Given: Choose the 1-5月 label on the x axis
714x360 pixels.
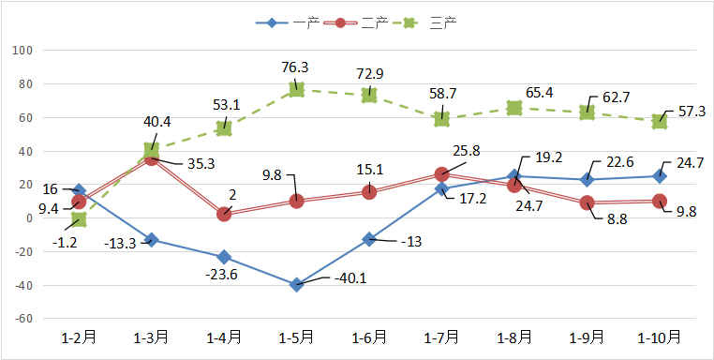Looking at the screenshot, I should click(296, 336).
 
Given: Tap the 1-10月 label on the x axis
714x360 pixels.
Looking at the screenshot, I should click(659, 336).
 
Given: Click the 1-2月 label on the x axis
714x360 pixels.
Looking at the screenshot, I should click(79, 336).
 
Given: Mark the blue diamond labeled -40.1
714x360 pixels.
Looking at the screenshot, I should click(296, 285).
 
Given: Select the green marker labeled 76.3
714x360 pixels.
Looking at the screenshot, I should click(296, 89).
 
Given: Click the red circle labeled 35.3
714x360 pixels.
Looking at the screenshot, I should click(151, 158).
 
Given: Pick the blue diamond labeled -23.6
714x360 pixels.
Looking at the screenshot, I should click(224, 257).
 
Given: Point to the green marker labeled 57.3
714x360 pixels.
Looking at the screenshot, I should click(659, 121).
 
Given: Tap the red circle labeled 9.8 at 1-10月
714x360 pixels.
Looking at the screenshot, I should click(659, 201).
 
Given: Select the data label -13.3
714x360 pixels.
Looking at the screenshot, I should click(116, 244).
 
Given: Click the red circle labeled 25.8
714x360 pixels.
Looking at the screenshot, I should click(441, 174).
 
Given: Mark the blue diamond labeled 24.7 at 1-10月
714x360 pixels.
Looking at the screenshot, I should click(659, 175).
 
